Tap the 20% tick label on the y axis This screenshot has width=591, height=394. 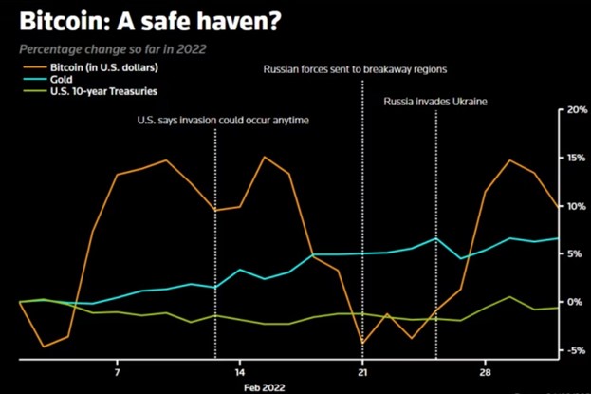[x=576, y=109]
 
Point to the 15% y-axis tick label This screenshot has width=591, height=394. [x=576, y=158]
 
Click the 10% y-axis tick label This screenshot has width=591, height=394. [x=576, y=206]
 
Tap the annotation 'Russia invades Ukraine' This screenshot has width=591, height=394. [x=434, y=101]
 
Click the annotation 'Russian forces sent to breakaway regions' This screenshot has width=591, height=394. [x=355, y=69]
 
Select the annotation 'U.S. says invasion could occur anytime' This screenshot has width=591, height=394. [x=223, y=120]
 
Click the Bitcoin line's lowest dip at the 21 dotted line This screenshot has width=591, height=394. [x=362, y=343]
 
